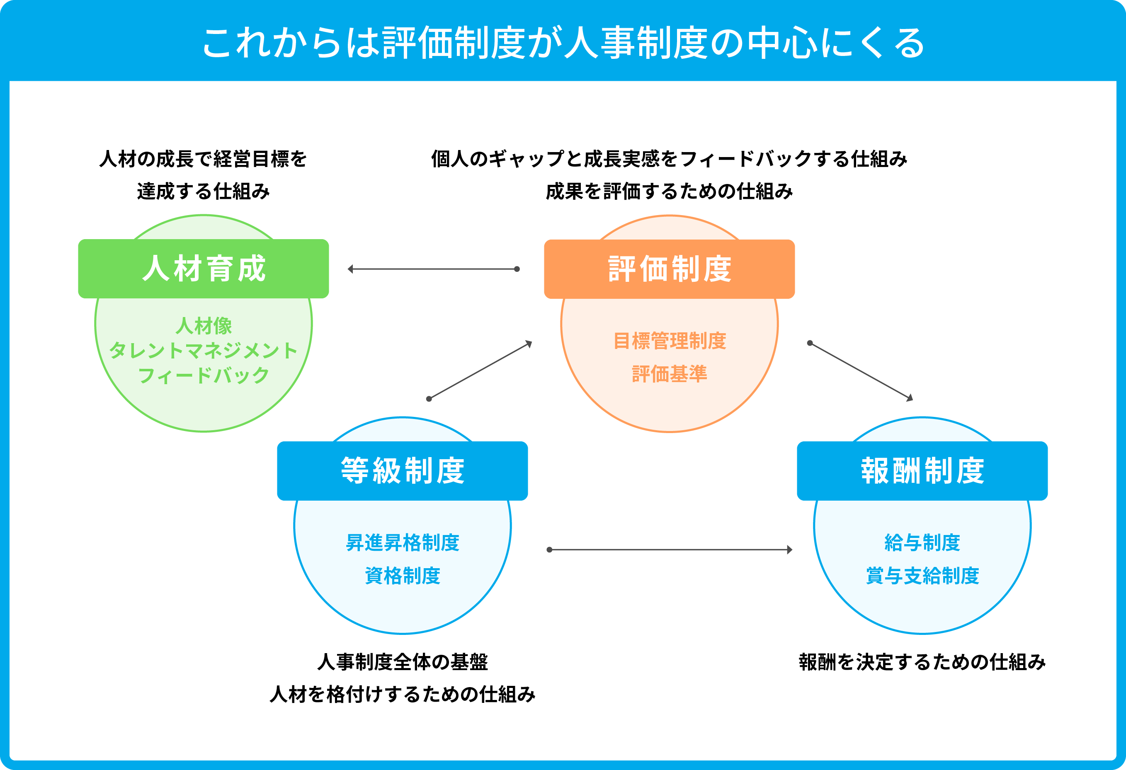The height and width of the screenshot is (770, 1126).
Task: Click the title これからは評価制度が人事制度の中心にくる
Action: (x=563, y=43)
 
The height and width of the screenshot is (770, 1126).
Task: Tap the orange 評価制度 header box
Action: (x=669, y=269)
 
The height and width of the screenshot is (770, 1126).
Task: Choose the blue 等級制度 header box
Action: (x=402, y=471)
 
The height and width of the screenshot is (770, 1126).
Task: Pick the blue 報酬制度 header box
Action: (x=922, y=471)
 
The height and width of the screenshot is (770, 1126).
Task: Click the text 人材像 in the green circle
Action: (x=204, y=326)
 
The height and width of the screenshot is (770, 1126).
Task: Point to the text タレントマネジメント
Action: (x=204, y=350)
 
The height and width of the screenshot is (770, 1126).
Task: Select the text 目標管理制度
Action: (x=669, y=341)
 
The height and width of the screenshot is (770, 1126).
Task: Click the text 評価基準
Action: (x=669, y=374)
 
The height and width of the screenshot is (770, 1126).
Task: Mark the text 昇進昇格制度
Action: (x=402, y=542)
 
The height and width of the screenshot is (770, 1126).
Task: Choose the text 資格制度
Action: (x=402, y=576)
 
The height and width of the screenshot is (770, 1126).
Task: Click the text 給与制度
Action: (x=922, y=542)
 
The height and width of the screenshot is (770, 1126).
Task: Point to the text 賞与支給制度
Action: (x=922, y=576)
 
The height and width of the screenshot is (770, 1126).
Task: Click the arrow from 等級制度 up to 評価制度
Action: (x=480, y=370)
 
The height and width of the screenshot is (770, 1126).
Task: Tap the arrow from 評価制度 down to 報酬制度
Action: (x=861, y=371)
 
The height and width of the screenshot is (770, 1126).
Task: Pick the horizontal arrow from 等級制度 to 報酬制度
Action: (x=670, y=550)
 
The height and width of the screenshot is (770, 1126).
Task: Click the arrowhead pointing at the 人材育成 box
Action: (x=350, y=269)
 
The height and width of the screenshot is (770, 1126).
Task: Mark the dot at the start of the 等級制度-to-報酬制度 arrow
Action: (x=549, y=550)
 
